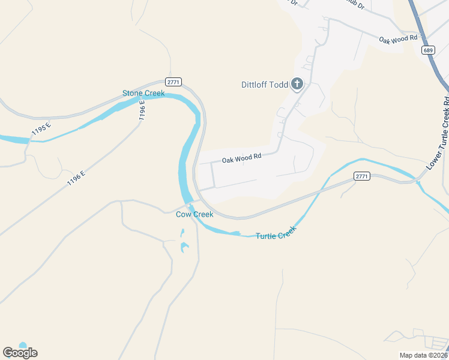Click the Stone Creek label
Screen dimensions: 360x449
[x=143, y=93]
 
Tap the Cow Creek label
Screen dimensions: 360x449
[x=194, y=214]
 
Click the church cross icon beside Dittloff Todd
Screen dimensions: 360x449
[x=297, y=85]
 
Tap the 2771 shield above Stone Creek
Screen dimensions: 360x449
[x=173, y=82]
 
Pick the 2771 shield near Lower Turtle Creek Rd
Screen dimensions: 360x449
[x=361, y=176]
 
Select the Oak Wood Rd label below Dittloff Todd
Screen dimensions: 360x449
[x=242, y=159]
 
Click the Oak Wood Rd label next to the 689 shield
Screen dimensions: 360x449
[x=398, y=39]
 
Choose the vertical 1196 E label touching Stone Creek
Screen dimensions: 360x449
[x=143, y=111]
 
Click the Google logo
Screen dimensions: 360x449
[x=20, y=353]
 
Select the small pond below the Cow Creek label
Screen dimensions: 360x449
[x=184, y=247]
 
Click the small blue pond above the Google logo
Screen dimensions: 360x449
[x=23, y=345]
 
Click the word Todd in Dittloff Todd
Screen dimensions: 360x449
[x=278, y=85]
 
